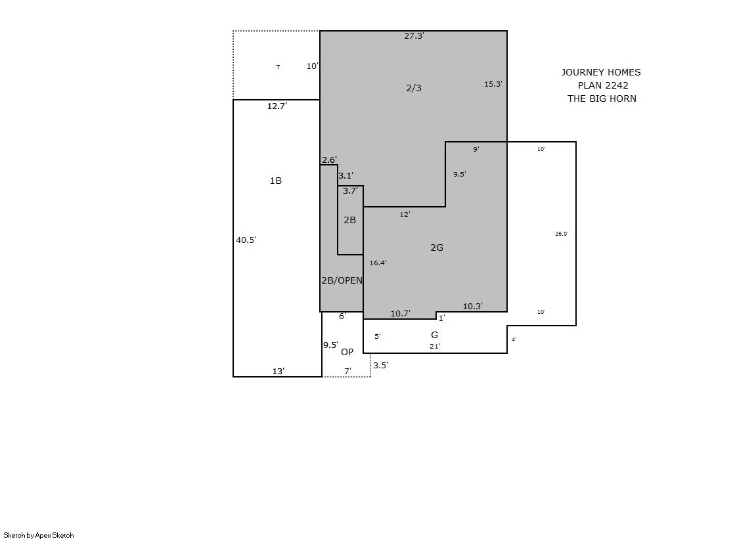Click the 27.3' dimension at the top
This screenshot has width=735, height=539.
point(414,35)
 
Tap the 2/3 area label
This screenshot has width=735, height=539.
point(413,88)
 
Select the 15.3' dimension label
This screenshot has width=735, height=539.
point(493,84)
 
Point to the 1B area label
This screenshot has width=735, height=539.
point(276,181)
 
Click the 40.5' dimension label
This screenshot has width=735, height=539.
point(246,240)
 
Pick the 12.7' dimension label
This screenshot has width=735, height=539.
point(277,106)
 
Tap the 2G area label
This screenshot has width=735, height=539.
point(437,248)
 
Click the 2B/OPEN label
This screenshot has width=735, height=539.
point(342,280)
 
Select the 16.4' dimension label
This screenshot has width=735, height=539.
point(378,263)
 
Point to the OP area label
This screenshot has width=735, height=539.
point(347,352)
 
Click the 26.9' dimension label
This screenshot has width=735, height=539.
point(562,234)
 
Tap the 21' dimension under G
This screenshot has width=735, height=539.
point(435,347)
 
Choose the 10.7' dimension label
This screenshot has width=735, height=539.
point(401,314)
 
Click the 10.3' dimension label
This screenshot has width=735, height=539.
point(473,306)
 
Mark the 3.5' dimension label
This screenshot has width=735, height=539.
point(380,365)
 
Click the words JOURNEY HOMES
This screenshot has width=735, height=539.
point(601,72)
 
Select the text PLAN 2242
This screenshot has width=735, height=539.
point(603,85)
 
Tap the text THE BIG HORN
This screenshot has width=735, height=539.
point(602,98)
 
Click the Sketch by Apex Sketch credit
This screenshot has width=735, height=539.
point(39,535)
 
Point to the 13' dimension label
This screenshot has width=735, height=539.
point(278,371)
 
